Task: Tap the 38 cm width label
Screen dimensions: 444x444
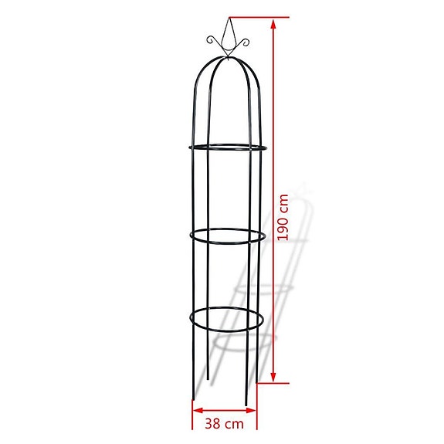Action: coord(225,423)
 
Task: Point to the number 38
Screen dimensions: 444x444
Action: coord(214,423)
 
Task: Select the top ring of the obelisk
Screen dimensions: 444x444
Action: coord(227,147)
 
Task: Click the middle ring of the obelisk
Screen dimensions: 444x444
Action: coord(227,236)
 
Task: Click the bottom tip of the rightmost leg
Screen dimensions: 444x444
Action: coord(247,404)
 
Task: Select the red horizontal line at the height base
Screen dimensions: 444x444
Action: coord(270,384)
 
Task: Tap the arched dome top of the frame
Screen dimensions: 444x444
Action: coord(227,66)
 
